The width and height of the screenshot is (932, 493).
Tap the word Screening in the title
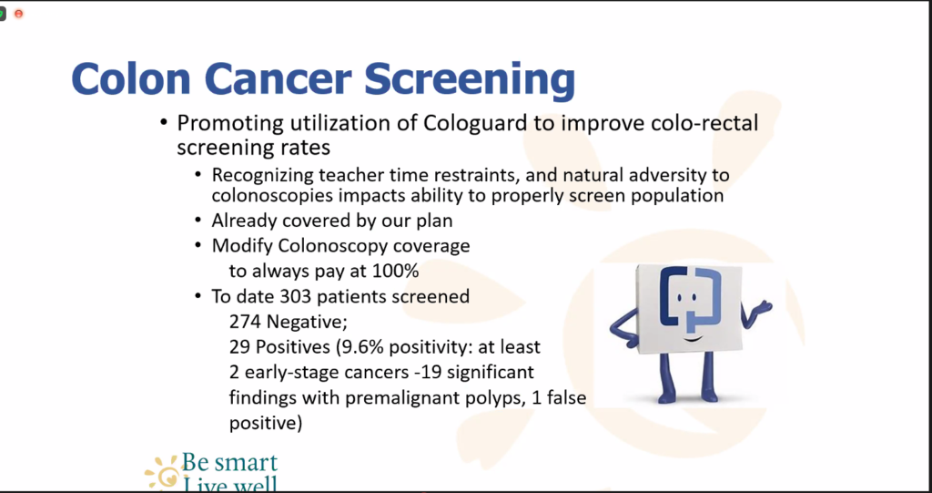(x=471, y=82)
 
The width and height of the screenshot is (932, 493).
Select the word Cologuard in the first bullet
(x=475, y=124)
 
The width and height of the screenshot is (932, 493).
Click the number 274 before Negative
(x=246, y=322)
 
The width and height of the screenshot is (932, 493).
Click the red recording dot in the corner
(x=18, y=13)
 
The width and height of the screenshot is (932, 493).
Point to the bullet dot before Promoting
(x=164, y=124)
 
